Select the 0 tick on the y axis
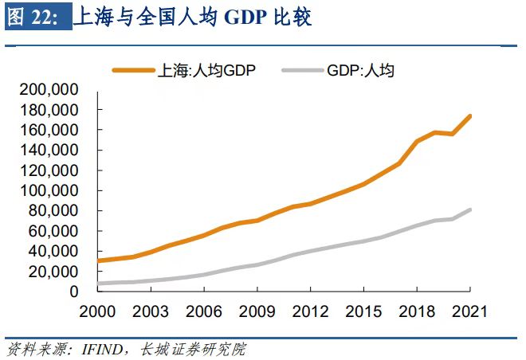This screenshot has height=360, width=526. point(73,292)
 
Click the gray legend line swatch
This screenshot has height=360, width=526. point(302,70)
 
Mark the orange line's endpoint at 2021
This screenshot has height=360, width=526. point(470,116)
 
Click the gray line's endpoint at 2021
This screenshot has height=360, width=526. point(470,209)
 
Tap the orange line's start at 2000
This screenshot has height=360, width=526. point(97,260)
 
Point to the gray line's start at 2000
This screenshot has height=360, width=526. point(97,284)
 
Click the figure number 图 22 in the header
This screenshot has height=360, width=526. point(32,18)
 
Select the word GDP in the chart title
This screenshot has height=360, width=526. point(248,18)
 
